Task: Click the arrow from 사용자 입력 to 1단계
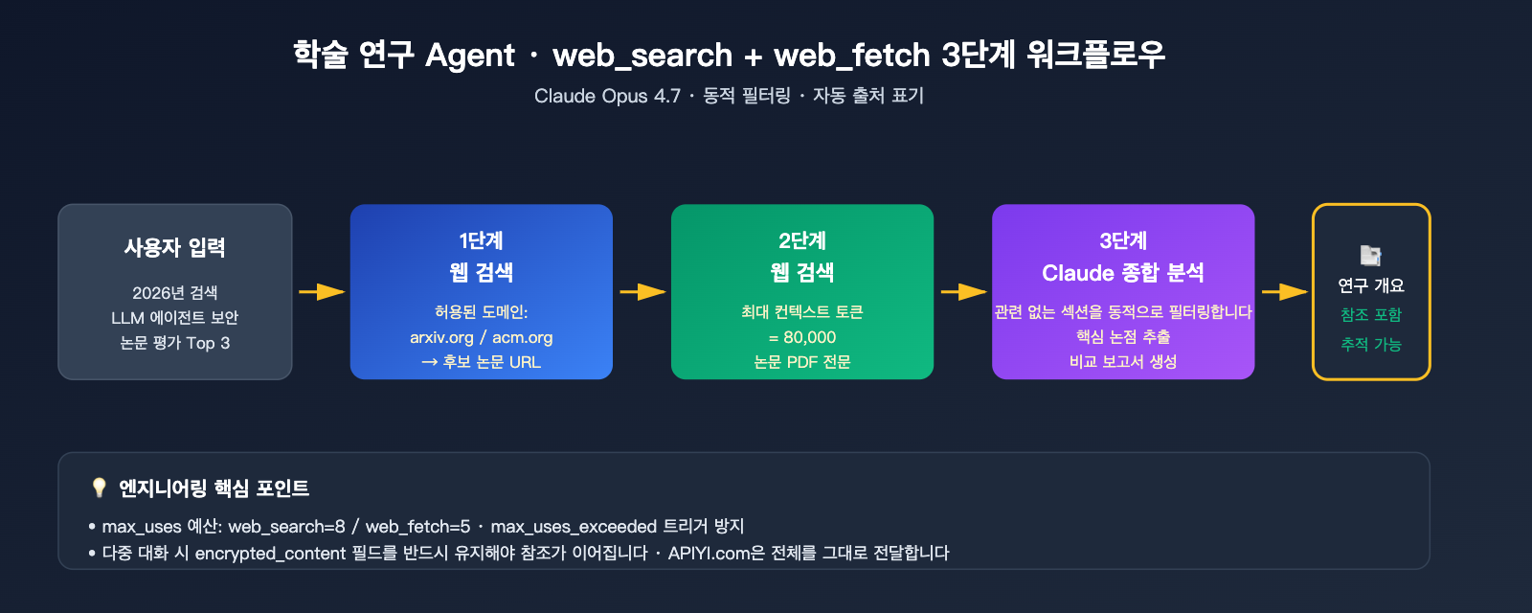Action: pyautogui.click(x=322, y=291)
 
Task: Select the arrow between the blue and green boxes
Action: pyautogui.click(x=642, y=291)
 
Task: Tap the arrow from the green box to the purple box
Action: pyautogui.click(x=963, y=291)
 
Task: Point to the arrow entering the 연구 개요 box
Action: pyautogui.click(x=1284, y=291)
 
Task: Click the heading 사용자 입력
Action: pyautogui.click(x=175, y=248)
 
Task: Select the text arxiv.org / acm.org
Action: pyautogui.click(x=481, y=337)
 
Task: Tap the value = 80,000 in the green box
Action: pyautogui.click(x=802, y=337)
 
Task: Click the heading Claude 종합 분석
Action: pyautogui.click(x=1123, y=273)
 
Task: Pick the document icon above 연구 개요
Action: pyautogui.click(x=1371, y=256)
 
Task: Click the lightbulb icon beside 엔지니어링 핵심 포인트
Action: pyautogui.click(x=99, y=488)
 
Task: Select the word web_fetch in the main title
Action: pyautogui.click(x=852, y=56)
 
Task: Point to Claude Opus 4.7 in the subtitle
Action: pyautogui.click(x=607, y=96)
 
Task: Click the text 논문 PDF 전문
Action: pyautogui.click(x=802, y=362)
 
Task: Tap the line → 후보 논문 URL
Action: pyautogui.click(x=481, y=362)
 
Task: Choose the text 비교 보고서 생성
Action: pyautogui.click(x=1123, y=362)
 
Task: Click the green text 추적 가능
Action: pyautogui.click(x=1371, y=344)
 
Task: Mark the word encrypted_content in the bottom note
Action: pyautogui.click(x=270, y=553)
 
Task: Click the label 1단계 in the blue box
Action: pyautogui.click(x=481, y=240)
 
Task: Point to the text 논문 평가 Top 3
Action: pyautogui.click(x=175, y=343)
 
